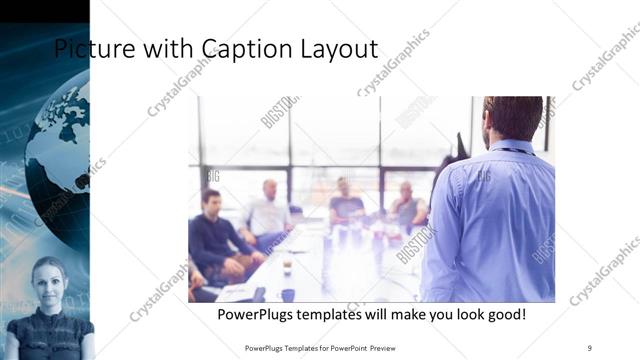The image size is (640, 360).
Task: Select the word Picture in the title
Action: coord(90,49)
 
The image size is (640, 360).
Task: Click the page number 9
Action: coord(590,347)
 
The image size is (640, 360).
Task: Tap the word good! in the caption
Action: coord(504,315)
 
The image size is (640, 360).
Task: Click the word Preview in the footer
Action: coord(392,347)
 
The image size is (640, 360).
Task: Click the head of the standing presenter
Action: coord(510,118)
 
